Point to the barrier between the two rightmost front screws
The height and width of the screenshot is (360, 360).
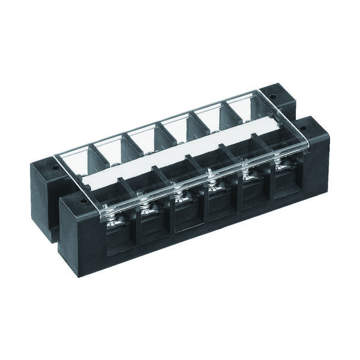click(262, 157)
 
